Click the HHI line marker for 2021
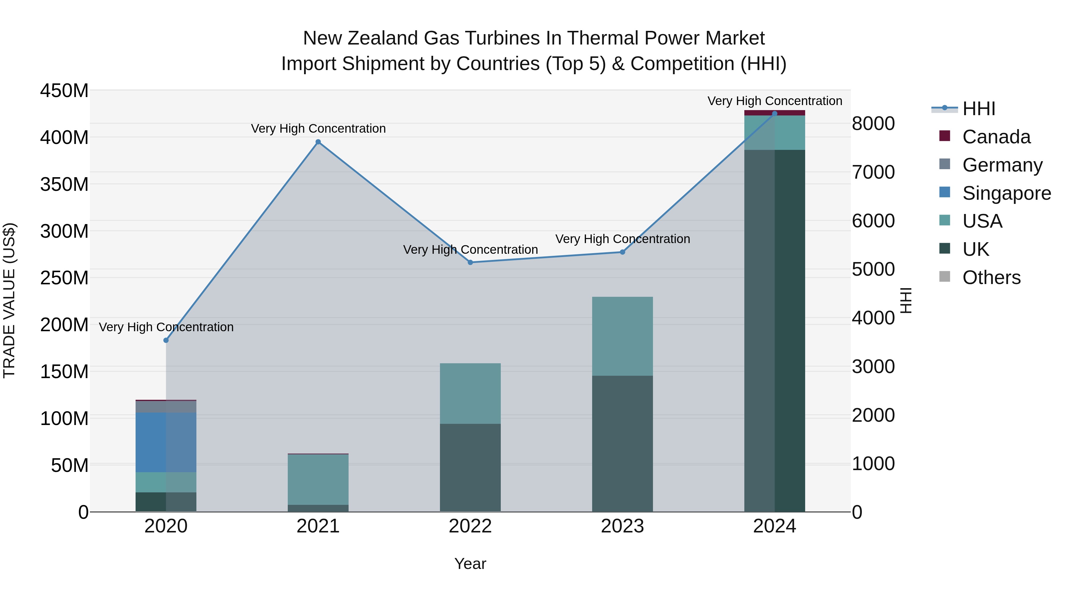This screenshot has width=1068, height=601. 318,142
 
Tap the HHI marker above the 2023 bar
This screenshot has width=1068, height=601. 622,252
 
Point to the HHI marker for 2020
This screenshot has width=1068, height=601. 166,340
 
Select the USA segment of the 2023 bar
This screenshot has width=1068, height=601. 622,336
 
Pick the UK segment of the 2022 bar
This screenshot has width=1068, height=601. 470,467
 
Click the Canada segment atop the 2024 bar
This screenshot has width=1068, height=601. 775,113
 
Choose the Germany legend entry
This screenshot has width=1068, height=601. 1002,165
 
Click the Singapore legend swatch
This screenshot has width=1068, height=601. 945,192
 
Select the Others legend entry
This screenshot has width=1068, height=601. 991,277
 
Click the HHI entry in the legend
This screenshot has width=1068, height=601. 978,109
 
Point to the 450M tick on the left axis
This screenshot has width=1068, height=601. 64,91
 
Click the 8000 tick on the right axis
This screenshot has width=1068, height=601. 873,123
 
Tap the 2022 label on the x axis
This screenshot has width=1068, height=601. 470,526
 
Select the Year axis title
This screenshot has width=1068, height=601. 470,564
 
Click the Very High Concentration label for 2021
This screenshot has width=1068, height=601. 318,129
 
